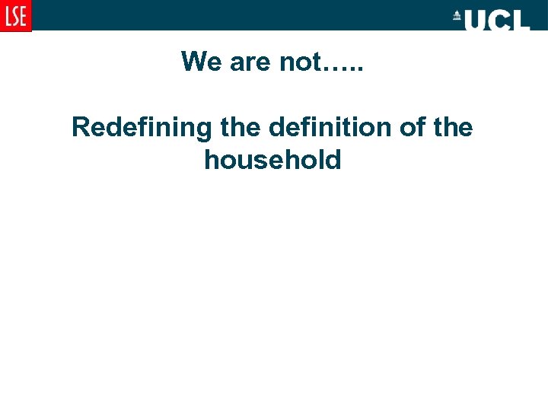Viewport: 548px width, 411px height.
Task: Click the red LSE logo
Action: pos(15,15)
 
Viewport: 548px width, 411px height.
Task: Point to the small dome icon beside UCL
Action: pos(457,16)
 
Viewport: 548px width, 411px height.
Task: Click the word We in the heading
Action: pos(200,61)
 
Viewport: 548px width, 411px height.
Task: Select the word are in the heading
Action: pos(250,61)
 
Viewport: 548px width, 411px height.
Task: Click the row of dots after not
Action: pos(344,67)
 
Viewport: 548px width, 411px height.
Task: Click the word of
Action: pos(411,127)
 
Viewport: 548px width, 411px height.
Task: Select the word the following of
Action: pos(452,127)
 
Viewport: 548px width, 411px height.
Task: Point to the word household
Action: pos(272,160)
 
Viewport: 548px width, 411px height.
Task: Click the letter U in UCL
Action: pos(476,20)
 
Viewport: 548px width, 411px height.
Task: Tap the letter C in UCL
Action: pos(499,20)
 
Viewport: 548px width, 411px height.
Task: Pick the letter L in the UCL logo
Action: pos(521,20)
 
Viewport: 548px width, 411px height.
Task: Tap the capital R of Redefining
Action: pos(80,127)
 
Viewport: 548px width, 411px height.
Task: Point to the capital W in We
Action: pos(193,61)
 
